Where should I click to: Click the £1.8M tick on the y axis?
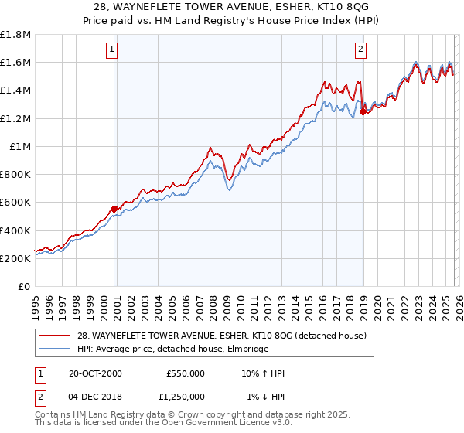tap(15, 34)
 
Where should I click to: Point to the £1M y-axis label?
tap(20, 146)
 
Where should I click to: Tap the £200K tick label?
tap(15, 258)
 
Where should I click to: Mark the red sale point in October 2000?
tap(114, 209)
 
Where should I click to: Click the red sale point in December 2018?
tap(363, 111)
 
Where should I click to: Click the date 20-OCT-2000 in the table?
tap(95, 373)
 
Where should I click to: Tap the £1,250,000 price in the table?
tap(185, 396)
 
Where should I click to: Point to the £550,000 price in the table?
tap(185, 373)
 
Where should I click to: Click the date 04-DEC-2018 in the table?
tap(95, 396)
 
